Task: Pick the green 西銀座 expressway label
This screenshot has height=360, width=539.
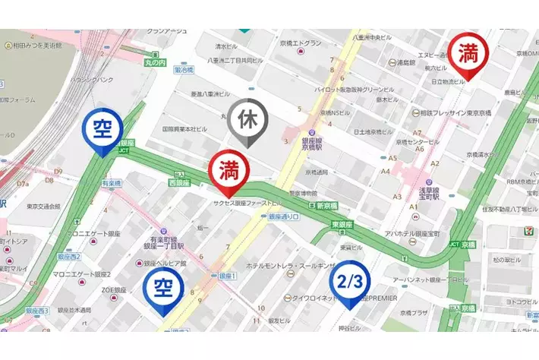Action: [178, 183]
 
